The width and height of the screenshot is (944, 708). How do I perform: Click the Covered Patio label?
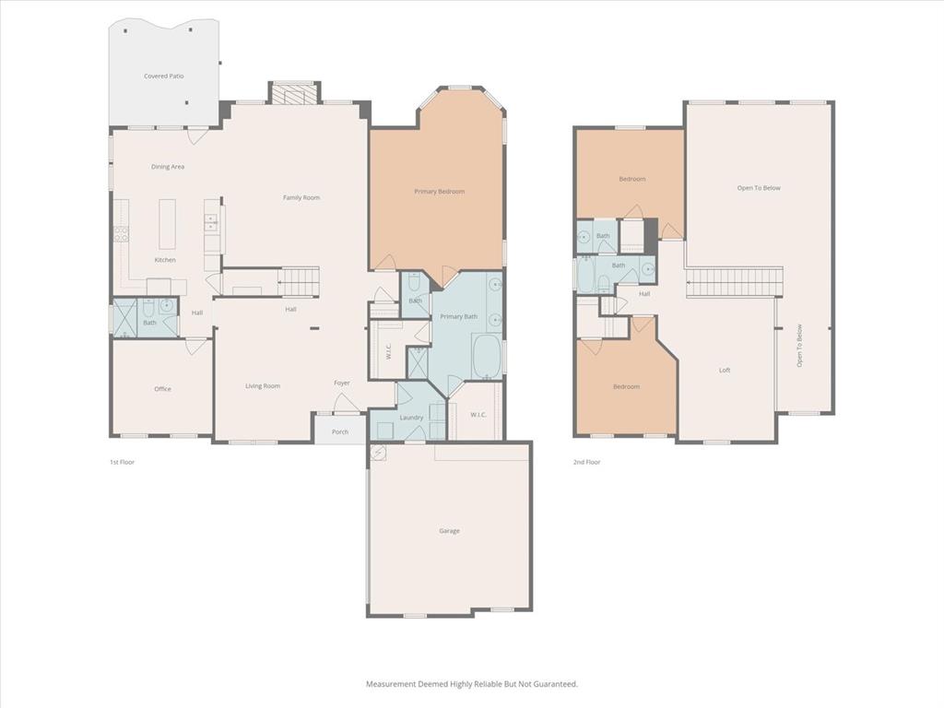coord(163,76)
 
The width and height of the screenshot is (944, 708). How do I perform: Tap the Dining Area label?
coord(168,167)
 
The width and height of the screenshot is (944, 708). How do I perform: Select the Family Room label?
coord(301,197)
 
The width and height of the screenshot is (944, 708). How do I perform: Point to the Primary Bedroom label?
coord(439,192)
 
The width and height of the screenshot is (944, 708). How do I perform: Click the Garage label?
coord(449,531)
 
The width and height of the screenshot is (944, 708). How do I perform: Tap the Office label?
coord(162,389)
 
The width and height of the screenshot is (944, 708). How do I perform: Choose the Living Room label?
coord(263,386)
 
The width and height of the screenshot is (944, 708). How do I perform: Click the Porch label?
coord(340,431)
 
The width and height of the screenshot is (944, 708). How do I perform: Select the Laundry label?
coord(411,418)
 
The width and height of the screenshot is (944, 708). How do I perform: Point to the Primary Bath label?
coord(458,317)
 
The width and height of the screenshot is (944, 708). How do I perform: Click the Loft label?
coord(725,371)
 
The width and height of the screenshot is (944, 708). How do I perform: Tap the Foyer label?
coord(342,383)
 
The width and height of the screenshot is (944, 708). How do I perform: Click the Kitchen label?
coord(165,260)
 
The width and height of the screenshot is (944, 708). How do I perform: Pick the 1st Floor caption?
coord(122,462)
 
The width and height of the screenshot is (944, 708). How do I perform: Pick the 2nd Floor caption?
coord(587,462)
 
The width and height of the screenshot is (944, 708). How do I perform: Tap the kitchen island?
coord(168,223)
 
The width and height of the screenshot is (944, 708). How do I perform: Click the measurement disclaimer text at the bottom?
coord(472,684)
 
